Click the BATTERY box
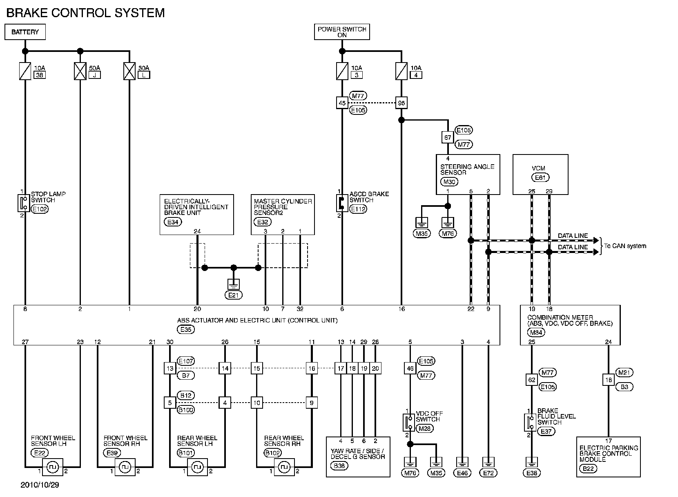pyautogui.click(x=25, y=32)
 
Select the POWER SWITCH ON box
pyautogui.click(x=342, y=32)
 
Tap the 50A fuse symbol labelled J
pyautogui.click(x=80, y=71)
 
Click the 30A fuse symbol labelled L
pyautogui.click(x=129, y=71)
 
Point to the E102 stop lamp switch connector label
pyautogui.click(x=40, y=208)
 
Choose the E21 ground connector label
pyautogui.click(x=233, y=295)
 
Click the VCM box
pyautogui.click(x=540, y=174)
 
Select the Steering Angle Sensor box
pyautogui.click(x=468, y=174)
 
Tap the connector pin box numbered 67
pyautogui.click(x=448, y=137)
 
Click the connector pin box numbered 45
pyautogui.click(x=342, y=103)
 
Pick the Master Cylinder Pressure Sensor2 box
pyautogui.click(x=283, y=214)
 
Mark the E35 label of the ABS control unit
pyautogui.click(x=186, y=329)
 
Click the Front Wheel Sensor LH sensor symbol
pyautogui.click(x=53, y=467)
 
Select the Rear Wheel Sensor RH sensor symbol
pyautogui.click(x=284, y=467)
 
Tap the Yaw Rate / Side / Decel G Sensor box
pyautogui.click(x=358, y=457)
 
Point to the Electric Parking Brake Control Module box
pyautogui.click(x=609, y=457)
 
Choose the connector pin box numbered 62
pyautogui.click(x=531, y=380)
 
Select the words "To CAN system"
pyautogui.click(x=625, y=246)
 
